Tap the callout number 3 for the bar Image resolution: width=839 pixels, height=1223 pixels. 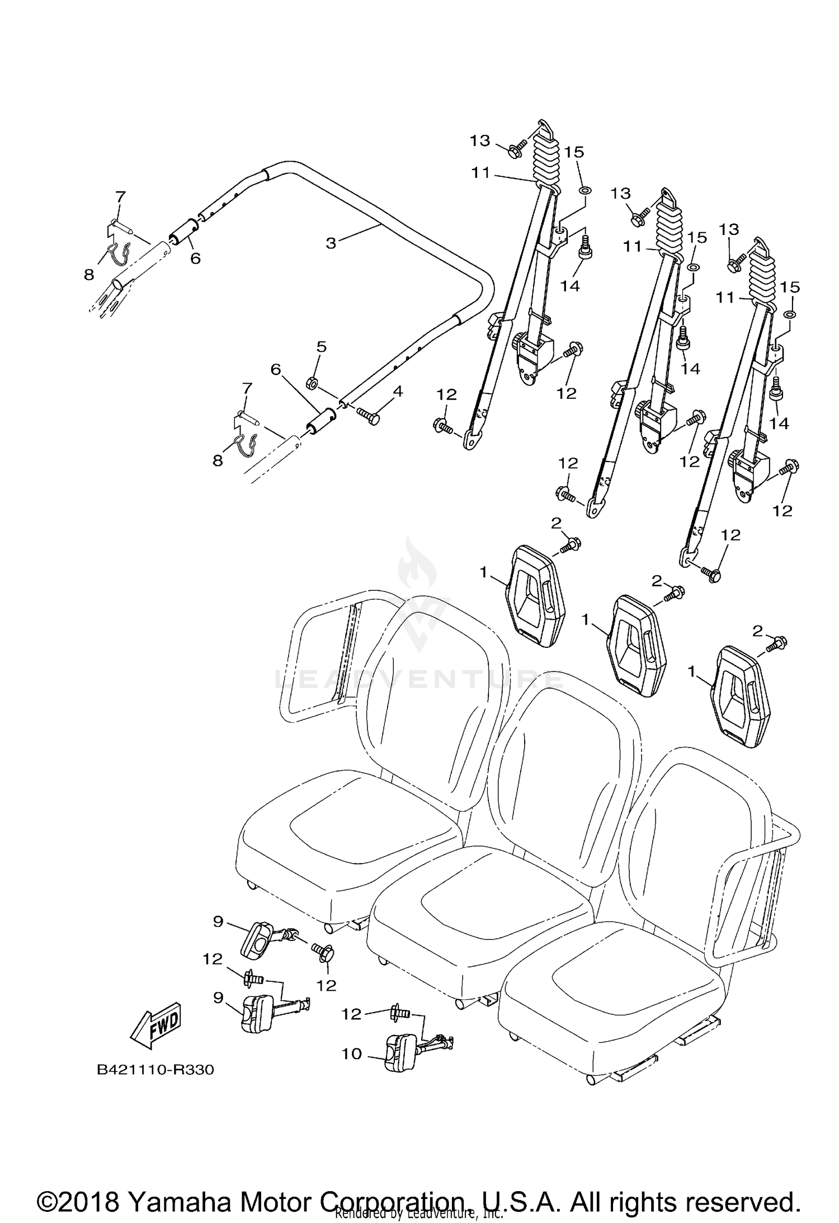click(x=331, y=243)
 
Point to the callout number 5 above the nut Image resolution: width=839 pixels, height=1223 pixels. click(x=321, y=347)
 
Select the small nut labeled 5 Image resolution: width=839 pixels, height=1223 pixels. click(x=312, y=383)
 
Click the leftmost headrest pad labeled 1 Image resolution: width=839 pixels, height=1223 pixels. click(x=536, y=596)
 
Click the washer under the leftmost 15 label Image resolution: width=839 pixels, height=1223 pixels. click(x=585, y=191)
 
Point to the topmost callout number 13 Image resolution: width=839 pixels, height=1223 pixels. click(x=480, y=140)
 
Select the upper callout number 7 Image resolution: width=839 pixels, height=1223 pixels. click(x=121, y=196)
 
